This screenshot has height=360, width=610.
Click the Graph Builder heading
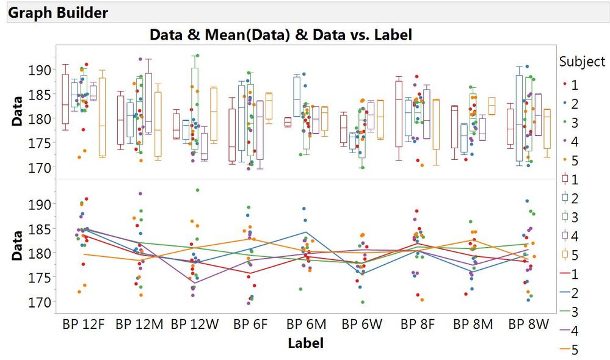[59, 12]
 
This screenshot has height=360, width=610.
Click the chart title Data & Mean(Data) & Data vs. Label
[281, 35]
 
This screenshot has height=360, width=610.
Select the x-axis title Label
[305, 343]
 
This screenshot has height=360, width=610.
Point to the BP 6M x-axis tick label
[306, 325]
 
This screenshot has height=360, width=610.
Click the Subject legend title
[582, 62]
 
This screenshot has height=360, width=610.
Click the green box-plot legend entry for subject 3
[565, 218]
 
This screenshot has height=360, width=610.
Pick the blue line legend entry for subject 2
[565, 293]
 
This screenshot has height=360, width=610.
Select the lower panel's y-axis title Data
[18, 245]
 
